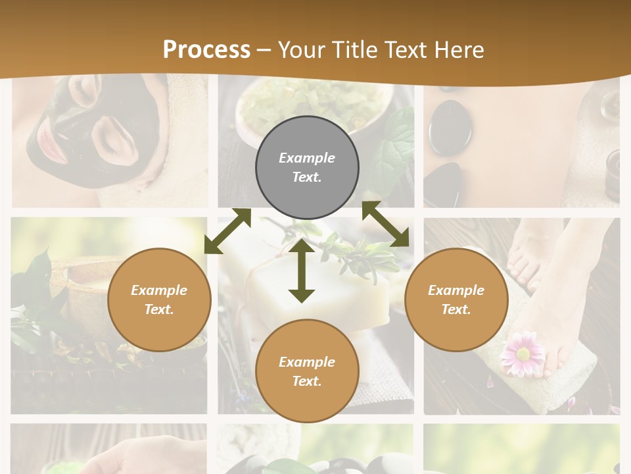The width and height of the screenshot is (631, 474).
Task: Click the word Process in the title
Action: (x=206, y=50)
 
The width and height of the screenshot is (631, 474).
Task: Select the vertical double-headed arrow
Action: (x=302, y=271)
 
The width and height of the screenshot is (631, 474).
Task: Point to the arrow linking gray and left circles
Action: (x=227, y=231)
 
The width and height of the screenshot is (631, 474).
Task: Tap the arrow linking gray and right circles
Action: (x=386, y=224)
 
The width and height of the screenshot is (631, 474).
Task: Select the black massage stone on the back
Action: (x=450, y=127)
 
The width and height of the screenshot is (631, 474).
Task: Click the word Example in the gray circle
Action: (x=307, y=158)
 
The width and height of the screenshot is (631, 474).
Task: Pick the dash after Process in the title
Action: (x=264, y=50)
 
